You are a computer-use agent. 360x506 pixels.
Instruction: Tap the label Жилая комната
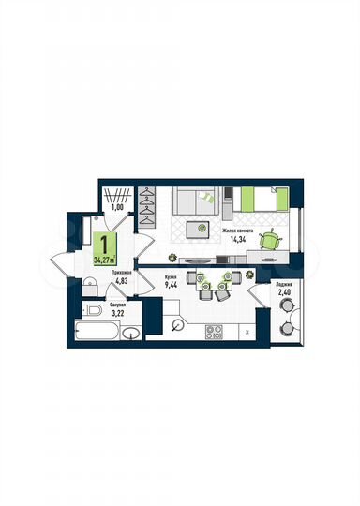pyautogui.click(x=238, y=229)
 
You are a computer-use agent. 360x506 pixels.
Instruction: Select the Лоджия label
pyautogui.click(x=285, y=282)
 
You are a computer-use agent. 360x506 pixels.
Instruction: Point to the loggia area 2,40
pyautogui.click(x=284, y=292)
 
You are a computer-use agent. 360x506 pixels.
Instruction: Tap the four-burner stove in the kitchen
pyautogui.click(x=213, y=330)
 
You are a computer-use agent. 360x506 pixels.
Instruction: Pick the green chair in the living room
pyautogui.click(x=270, y=240)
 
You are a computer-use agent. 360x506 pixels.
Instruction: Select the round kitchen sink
pyautogui.click(x=178, y=324)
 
